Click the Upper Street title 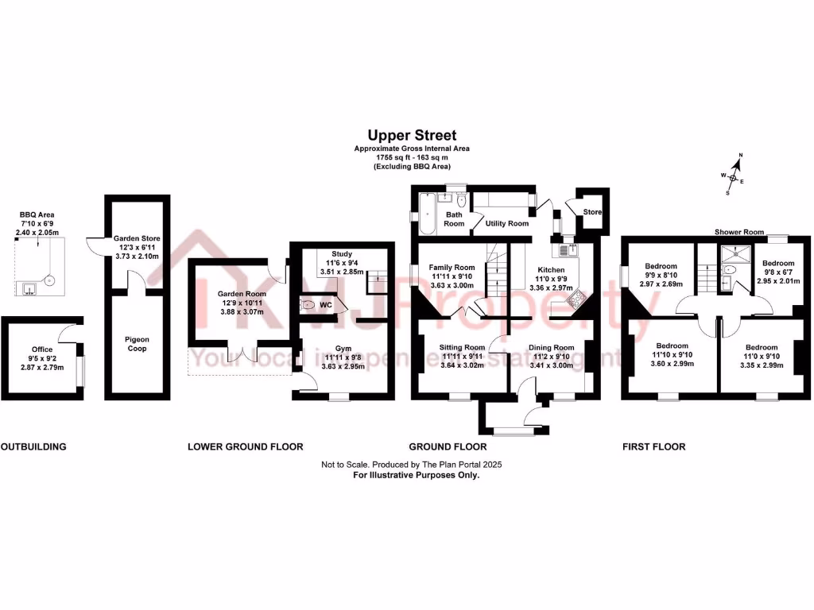pos(412,136)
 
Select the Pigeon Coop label pos(136,344)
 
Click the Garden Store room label pos(136,237)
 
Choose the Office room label pos(42,349)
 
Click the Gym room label pos(343,349)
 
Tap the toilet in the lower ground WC pos(308,303)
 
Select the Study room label pos(342,253)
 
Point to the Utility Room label pos(508,224)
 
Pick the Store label pos(591,213)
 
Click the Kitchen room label pos(550,270)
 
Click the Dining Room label pos(552,347)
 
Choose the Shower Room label pos(738,232)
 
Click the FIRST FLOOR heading pos(653,447)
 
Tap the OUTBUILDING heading pos(33,447)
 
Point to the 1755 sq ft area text pos(412,158)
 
